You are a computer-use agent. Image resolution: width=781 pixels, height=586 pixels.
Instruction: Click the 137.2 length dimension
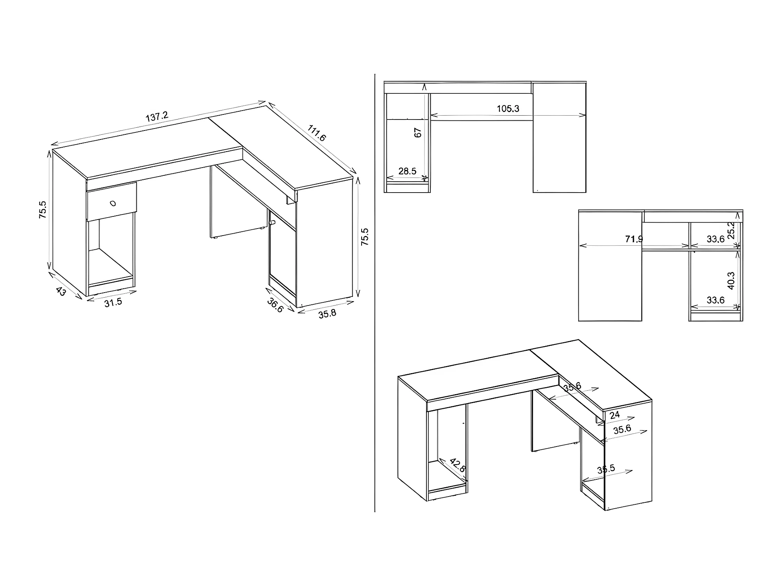[x=157, y=116]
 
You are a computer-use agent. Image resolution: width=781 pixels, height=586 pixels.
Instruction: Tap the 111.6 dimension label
[x=317, y=133]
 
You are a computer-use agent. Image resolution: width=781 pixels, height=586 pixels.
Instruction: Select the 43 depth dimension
[x=61, y=291]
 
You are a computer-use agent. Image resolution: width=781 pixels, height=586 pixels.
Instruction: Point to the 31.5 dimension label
[x=113, y=302]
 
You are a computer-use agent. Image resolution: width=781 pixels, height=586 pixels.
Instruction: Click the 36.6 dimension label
[x=275, y=305]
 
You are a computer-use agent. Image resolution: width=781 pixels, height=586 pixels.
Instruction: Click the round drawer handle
[x=113, y=203]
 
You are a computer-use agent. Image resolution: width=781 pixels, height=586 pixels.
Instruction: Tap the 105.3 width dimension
[x=508, y=109]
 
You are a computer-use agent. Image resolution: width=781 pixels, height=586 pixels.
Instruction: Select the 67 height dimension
[x=418, y=132]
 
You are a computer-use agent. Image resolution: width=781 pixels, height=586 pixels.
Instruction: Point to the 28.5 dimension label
[x=407, y=171]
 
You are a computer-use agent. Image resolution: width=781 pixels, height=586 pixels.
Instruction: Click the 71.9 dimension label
[x=634, y=239]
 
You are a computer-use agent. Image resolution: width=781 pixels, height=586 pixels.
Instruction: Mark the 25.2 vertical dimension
[x=731, y=230]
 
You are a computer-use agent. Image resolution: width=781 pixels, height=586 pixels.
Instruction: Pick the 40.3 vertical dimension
[x=731, y=280]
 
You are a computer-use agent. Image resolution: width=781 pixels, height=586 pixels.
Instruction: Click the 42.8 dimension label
[x=458, y=465]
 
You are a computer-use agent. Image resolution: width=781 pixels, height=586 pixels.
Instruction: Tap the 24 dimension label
[x=615, y=415]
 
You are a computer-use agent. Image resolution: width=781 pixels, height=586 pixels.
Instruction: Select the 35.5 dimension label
[x=606, y=469]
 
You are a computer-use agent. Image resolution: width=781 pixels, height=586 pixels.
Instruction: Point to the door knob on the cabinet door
[x=272, y=223]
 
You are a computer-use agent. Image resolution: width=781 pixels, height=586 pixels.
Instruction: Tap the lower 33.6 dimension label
[x=716, y=300]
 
